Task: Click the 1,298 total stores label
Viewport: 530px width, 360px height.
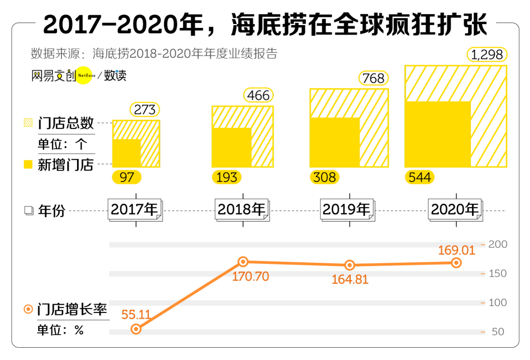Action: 487,55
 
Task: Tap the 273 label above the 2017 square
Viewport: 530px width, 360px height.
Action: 145,110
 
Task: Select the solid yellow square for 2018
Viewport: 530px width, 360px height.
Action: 232,148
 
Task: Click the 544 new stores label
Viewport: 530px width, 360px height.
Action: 420,177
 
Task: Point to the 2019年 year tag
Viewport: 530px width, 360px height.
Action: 346,210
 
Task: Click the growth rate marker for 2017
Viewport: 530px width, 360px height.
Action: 136,329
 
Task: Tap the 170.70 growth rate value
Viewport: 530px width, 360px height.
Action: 250,277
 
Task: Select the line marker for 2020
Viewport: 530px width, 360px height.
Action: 456,263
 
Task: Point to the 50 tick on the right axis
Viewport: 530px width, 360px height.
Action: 498,332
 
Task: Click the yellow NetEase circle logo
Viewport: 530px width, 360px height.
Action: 83,76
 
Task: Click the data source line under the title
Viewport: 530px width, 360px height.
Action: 154,53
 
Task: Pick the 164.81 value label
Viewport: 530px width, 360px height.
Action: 350,280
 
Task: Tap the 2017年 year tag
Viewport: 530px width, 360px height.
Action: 134,210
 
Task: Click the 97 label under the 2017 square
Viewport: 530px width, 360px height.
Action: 127,177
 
